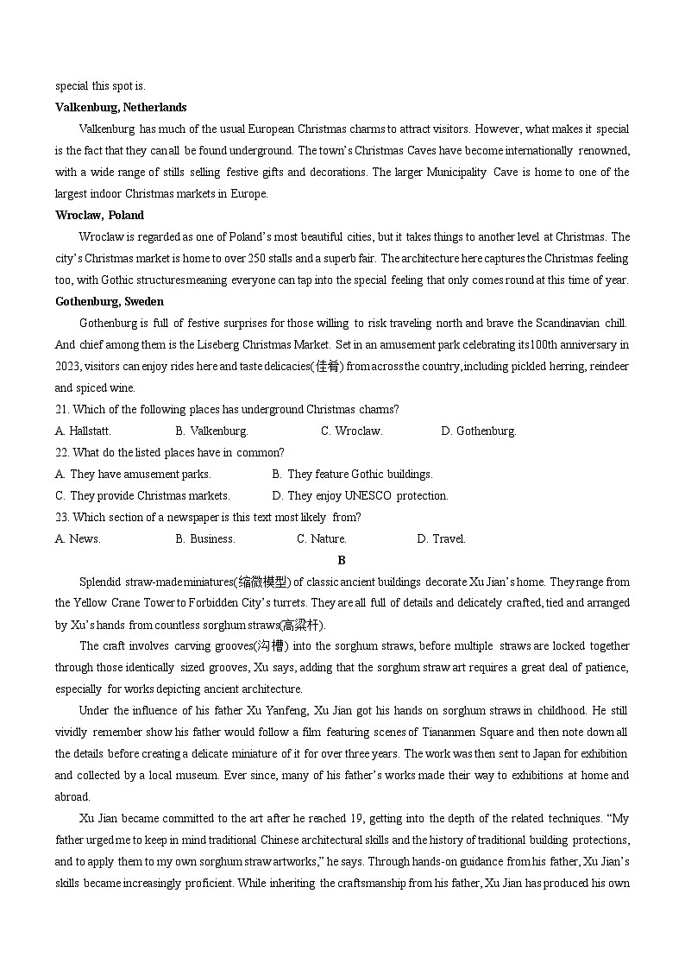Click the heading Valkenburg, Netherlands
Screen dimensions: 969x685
coord(121,108)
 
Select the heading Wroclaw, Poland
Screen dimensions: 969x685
coord(99,216)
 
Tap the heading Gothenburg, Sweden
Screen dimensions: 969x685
coord(109,302)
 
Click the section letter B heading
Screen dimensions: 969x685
coord(342,560)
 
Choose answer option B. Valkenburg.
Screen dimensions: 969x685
coord(211,431)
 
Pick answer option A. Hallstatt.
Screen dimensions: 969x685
coord(83,431)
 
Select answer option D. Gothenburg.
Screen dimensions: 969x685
coord(479,431)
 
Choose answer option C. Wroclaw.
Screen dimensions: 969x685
coord(352,431)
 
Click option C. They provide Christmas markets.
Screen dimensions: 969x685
coord(142,496)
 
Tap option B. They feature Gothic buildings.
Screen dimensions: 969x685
coord(352,475)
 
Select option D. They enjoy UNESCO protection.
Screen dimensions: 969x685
coord(360,496)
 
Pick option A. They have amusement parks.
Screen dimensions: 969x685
coord(133,475)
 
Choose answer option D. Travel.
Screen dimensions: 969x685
coord(441,539)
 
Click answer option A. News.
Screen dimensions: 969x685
coord(78,539)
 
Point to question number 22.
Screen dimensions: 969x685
coord(62,453)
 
